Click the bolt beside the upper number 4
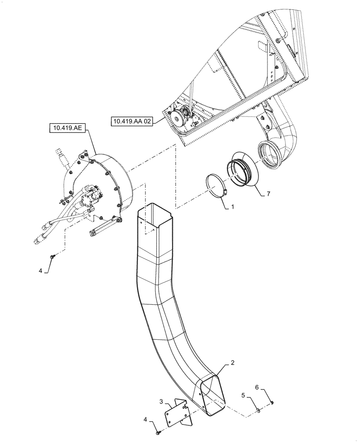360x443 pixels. (x=53, y=256)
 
